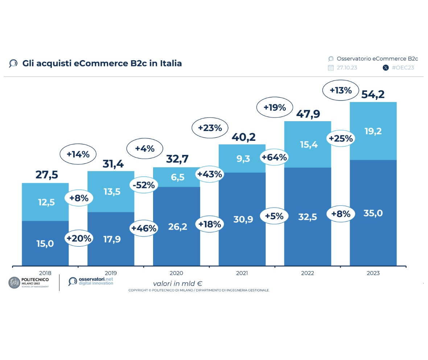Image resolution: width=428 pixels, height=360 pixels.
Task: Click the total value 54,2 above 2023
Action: coord(373,94)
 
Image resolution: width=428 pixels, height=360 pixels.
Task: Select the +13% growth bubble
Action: coord(340,90)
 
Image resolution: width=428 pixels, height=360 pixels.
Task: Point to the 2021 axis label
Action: coord(242,273)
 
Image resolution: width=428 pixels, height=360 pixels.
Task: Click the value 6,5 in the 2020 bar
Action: coord(178,177)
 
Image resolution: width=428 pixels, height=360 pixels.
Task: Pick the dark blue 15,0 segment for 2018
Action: coord(45,244)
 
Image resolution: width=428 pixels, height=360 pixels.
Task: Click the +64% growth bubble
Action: coord(274,157)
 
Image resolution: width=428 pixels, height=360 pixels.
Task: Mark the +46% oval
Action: coord(144,228)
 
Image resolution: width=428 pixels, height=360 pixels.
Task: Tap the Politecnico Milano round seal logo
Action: coord(15,283)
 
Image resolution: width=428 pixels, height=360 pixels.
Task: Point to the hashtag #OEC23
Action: coord(403,67)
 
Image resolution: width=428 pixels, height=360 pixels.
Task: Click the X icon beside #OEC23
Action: coord(386,67)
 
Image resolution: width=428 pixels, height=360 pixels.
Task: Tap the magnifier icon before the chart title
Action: coord(13,64)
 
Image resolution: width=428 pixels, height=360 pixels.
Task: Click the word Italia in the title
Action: coord(170,63)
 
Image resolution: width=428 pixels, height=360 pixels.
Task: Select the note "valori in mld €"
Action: coord(177,283)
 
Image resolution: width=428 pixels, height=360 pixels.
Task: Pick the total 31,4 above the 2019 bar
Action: coord(112,164)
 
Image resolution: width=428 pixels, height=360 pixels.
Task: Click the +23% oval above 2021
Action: coord(209,128)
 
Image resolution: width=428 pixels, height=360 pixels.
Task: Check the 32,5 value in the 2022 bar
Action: coord(308,217)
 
